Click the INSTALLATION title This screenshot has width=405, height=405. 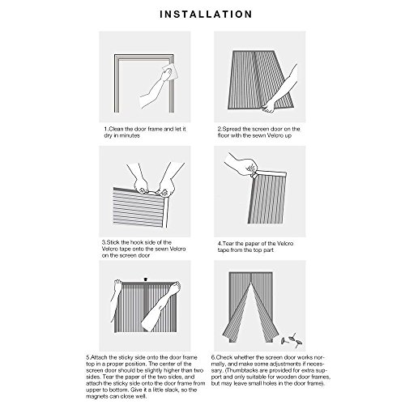coord(206,15)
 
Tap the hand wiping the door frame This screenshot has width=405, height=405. coord(166,75)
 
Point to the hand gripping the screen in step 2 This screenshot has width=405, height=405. coord(268,106)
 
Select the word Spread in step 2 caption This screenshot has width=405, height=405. coord(232,129)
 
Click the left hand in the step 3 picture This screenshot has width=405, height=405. coord(141,186)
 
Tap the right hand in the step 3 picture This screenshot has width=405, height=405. coord(164,187)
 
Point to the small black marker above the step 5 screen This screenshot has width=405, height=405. coord(146,279)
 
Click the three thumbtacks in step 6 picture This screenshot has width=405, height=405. coord(292,341)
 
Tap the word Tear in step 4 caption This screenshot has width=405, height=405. coord(228,244)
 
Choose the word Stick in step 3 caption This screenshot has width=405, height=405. coord(113,242)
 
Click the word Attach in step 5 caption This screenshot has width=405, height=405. coord(99,357)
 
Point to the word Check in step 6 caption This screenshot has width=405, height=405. coord(224,357)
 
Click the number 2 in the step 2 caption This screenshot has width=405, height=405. coord(220,129)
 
